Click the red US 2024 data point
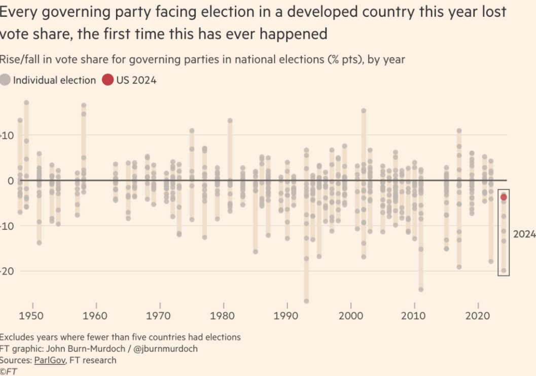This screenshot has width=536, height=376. pos(504,197)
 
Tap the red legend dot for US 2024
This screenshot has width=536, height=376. pos(108,80)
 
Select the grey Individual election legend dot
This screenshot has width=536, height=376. pos(5,80)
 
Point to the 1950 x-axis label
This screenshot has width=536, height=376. pos(33,316)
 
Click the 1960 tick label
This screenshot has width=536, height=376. pos(96,316)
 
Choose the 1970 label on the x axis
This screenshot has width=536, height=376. pos(160,316)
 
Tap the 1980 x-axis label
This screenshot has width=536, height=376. pos(223,316)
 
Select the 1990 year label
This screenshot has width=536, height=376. pos(287,316)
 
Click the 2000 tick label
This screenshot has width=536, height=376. pos(350,316)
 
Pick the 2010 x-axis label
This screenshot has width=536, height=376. pos(414,316)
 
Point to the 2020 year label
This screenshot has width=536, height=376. pos(478,316)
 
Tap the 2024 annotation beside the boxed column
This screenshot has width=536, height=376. pos(524,234)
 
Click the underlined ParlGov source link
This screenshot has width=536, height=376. pos(50,360)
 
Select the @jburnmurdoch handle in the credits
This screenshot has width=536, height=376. pos(168,349)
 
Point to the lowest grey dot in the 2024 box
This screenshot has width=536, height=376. pos(504,271)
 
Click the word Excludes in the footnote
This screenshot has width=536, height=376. pos(17,337)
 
